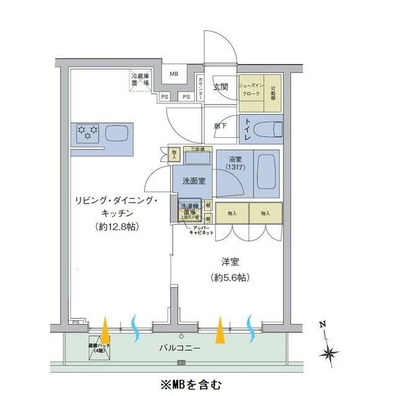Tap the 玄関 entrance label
tap(221, 87)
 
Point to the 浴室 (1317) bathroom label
tap(235, 163)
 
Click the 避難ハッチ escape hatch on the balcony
tap(99, 350)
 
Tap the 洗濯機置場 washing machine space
tap(189, 210)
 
